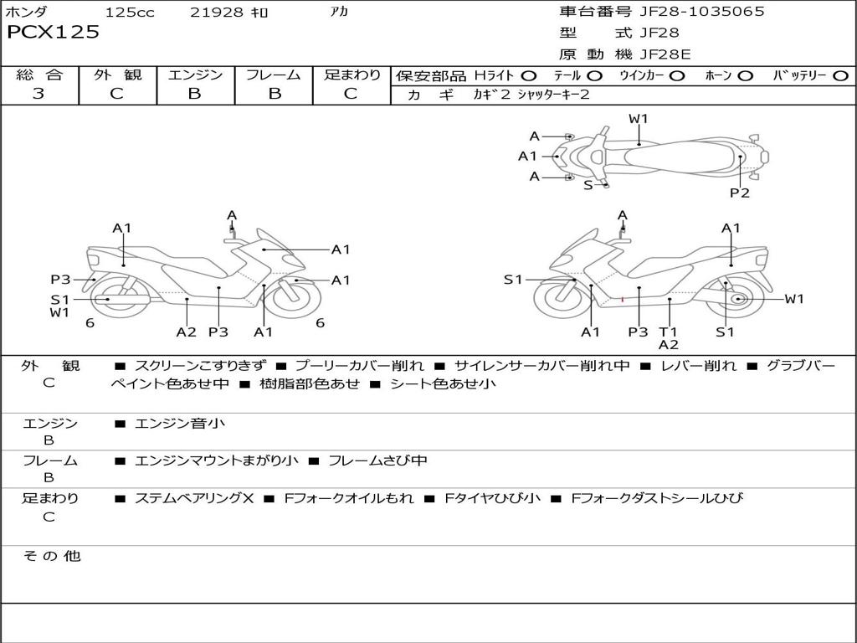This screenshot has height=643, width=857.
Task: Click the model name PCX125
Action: click(x=53, y=32)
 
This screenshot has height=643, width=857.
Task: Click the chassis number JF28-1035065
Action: click(x=702, y=12)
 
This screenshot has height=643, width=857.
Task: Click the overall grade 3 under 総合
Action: click(x=38, y=94)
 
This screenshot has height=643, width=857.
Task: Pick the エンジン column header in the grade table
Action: click(x=195, y=75)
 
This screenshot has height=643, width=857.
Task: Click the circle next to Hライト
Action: click(x=529, y=76)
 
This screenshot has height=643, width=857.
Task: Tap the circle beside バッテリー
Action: click(x=840, y=76)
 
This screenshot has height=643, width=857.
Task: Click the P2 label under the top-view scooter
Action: click(x=740, y=193)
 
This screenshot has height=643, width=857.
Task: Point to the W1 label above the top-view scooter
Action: click(x=639, y=119)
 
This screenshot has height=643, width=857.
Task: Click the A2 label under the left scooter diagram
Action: click(x=187, y=332)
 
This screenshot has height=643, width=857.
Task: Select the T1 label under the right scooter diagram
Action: click(x=668, y=332)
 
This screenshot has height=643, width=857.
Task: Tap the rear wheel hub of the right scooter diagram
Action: click(x=738, y=299)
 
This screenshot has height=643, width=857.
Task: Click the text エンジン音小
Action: click(x=179, y=423)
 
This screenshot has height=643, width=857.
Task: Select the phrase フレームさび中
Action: click(x=377, y=460)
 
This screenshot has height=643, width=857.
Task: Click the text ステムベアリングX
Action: click(x=194, y=498)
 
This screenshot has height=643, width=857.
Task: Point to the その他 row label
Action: click(x=52, y=556)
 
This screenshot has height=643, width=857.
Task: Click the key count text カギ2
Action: click(x=491, y=95)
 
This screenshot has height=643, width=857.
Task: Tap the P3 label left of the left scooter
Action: click(x=60, y=280)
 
